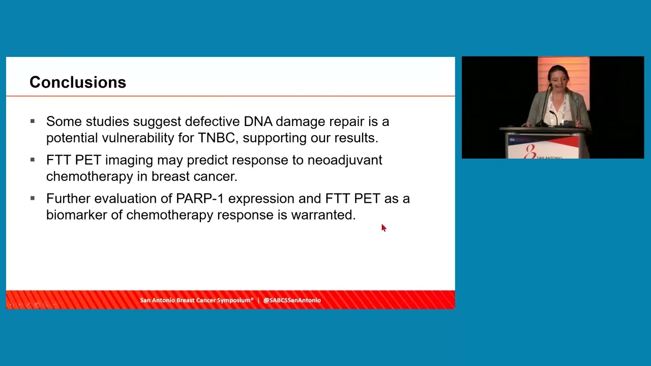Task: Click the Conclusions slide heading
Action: pos(77,82)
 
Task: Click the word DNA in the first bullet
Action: pos(258,121)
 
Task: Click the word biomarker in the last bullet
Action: pos(76,215)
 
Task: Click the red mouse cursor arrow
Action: pos(383,228)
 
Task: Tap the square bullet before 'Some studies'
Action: pos(33,121)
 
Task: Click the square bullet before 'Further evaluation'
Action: pos(33,198)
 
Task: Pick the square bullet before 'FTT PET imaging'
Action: pos(33,160)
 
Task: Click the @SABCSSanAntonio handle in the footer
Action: pos(292,300)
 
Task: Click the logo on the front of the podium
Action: pos(530,151)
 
